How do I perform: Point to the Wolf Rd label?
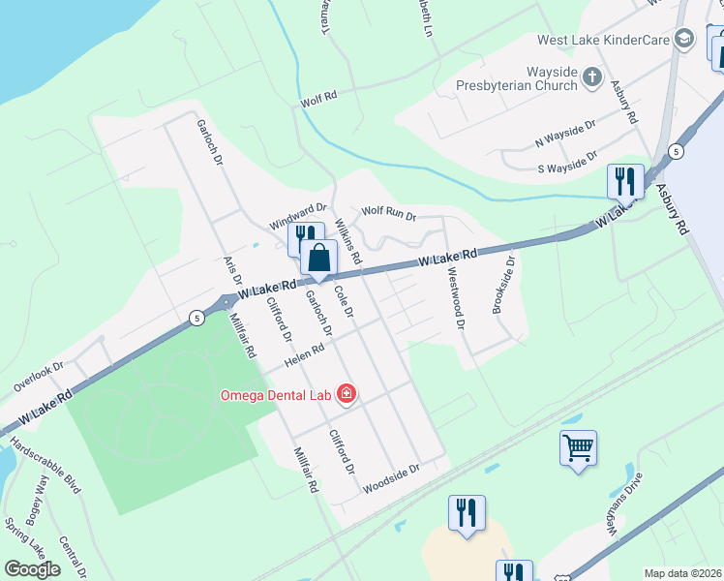pos(317,98)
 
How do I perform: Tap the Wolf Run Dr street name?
pos(388,212)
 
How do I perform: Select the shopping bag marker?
pos(318,259)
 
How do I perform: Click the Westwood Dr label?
pos(454,298)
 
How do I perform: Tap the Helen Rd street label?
pos(302,359)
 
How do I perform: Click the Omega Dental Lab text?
pos(275,394)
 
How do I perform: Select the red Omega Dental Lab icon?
pos(346,394)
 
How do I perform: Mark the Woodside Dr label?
pos(391,479)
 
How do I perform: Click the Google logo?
pos(33,568)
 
